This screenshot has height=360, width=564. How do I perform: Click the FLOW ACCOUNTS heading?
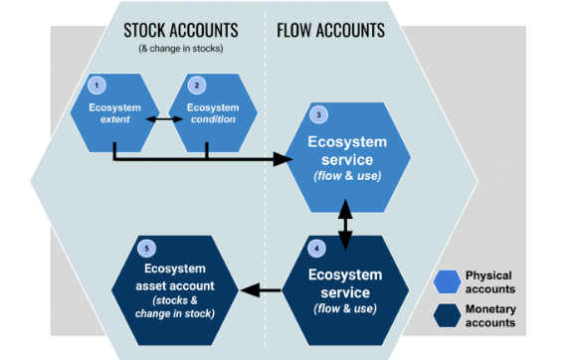coord(330,30)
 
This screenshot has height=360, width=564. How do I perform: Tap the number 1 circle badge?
coord(97,86)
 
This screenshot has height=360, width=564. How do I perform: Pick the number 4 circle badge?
coord(316,246)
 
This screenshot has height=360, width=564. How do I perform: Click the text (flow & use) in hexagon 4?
coord(345,309)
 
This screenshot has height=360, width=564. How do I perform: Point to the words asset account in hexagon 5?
coord(175,284)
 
